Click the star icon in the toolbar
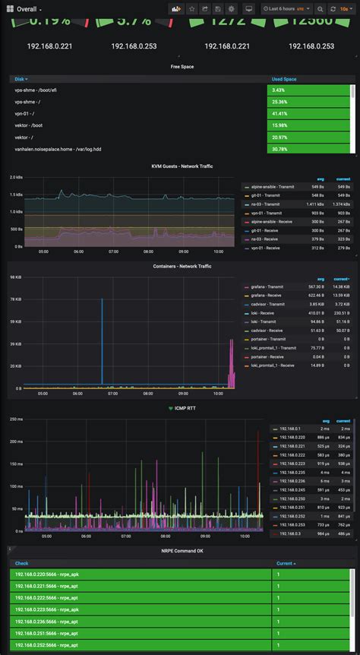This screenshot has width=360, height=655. pyautogui.click(x=191, y=8)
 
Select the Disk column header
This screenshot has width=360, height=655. pyautogui.click(x=20, y=79)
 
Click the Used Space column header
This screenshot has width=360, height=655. pyautogui.click(x=284, y=79)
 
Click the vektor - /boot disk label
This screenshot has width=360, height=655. pyautogui.click(x=29, y=125)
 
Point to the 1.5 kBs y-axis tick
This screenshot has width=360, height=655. pyautogui.click(x=15, y=195)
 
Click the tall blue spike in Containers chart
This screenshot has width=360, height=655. pyautogui.click(x=103, y=342)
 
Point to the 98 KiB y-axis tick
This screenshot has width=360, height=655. pyautogui.click(x=15, y=277)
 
